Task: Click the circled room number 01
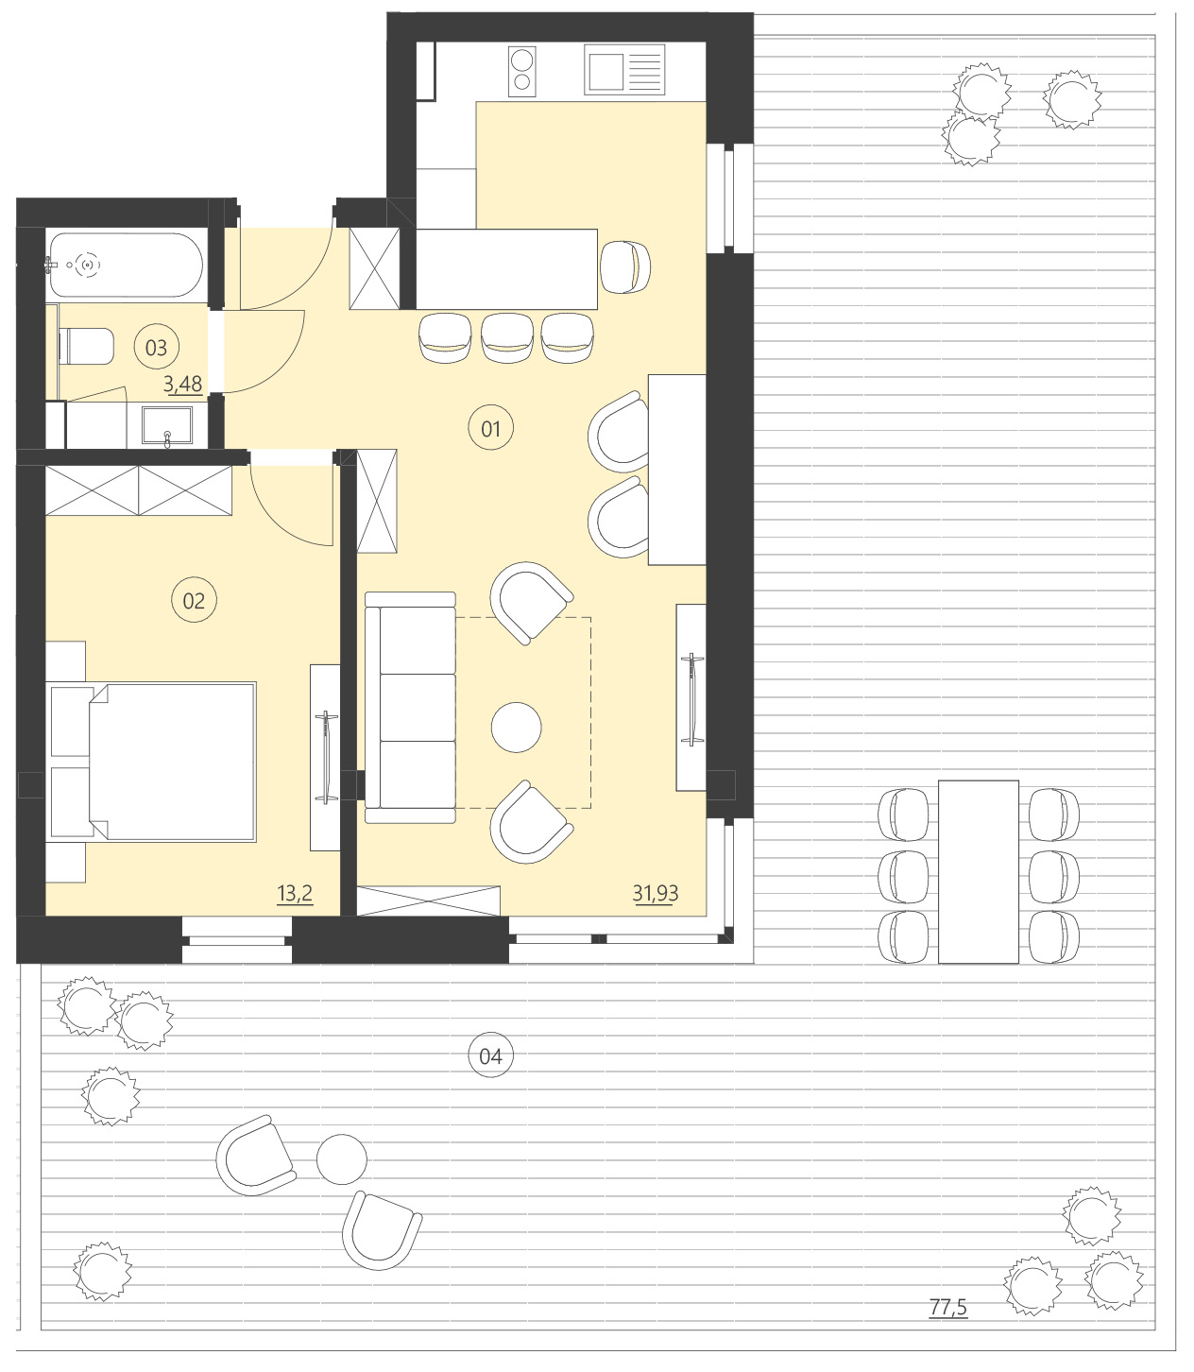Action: point(490,429)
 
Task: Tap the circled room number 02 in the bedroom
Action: point(194,601)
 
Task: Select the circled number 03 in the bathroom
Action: point(156,348)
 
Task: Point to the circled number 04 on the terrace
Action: point(490,1055)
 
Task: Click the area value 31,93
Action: point(655,892)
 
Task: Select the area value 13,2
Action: point(295,893)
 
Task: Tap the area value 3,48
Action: point(182,384)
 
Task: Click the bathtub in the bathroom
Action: point(125,266)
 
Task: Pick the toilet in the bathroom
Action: point(86,346)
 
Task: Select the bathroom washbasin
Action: point(167,425)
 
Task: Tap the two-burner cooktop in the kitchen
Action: point(521,71)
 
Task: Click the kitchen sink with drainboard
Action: point(623,71)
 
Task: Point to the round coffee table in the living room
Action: point(517,727)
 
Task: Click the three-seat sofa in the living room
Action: point(411,700)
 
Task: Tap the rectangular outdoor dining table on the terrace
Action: point(978,870)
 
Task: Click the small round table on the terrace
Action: point(341,1158)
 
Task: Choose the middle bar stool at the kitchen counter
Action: point(506,337)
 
